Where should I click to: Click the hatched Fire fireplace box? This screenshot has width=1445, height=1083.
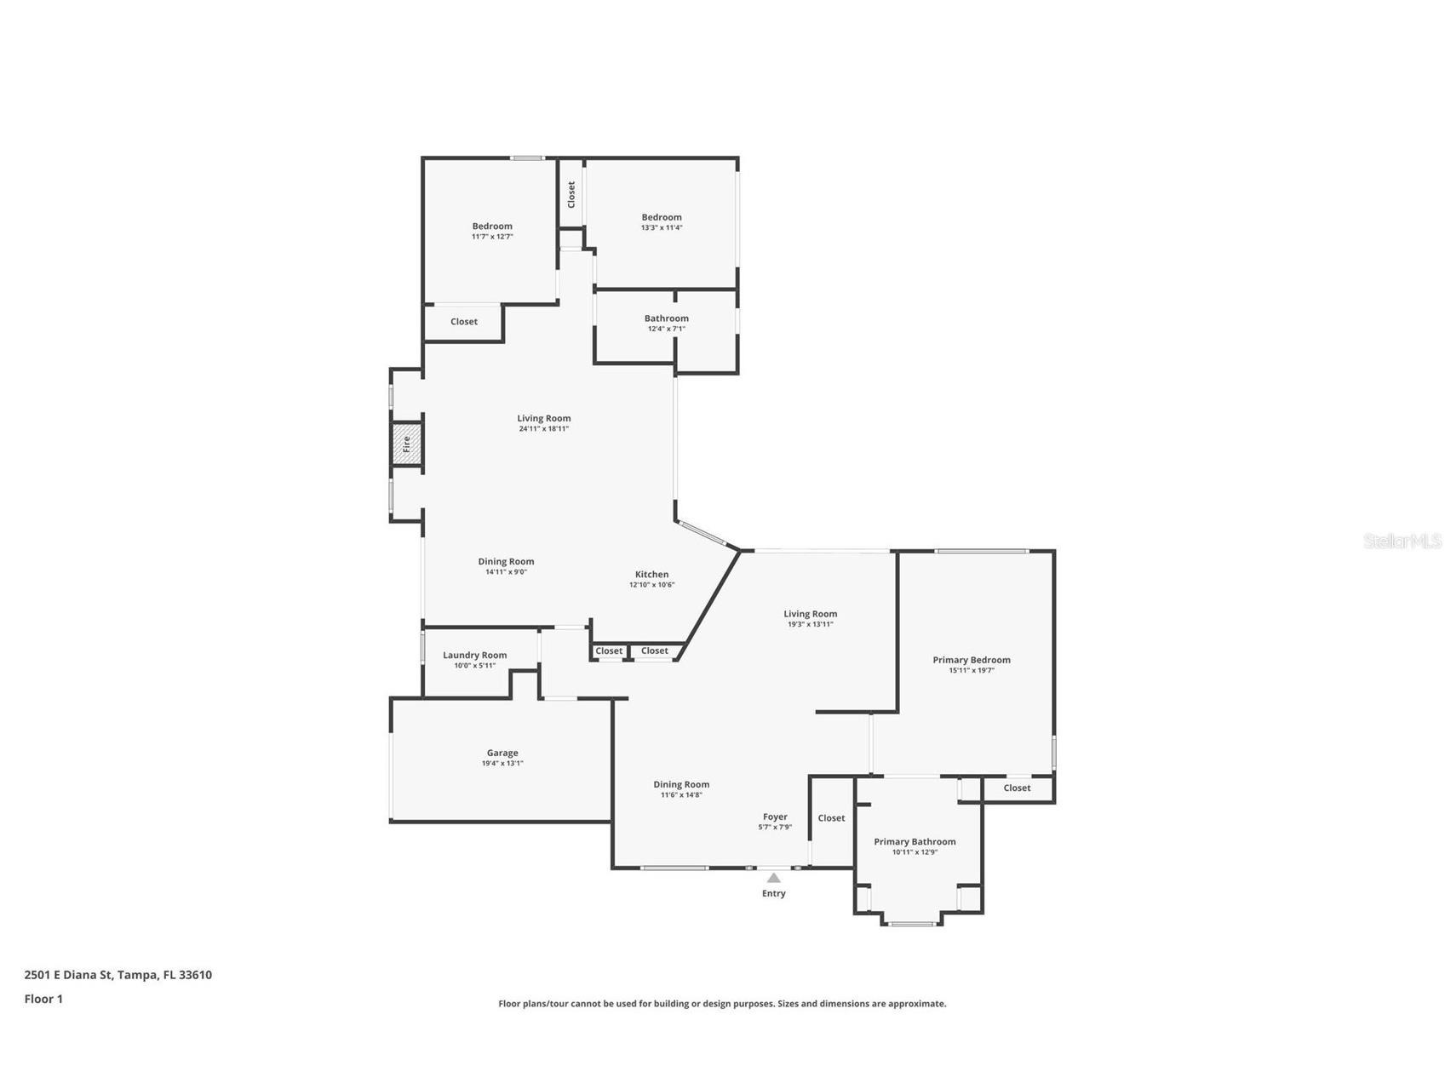(x=407, y=444)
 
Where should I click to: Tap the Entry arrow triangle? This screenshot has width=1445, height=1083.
(x=773, y=878)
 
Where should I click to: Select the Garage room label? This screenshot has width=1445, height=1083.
(x=502, y=753)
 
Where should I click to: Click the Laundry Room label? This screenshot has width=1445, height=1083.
(x=474, y=655)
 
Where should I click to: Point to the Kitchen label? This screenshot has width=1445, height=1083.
(x=651, y=574)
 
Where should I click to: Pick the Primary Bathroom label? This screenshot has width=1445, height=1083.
(x=915, y=841)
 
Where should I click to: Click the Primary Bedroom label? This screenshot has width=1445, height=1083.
(x=972, y=659)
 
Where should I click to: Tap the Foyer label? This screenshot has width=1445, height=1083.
(x=775, y=817)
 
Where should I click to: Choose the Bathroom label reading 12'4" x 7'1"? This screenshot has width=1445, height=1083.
(x=667, y=318)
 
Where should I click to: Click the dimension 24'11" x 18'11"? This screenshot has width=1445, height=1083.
(x=543, y=428)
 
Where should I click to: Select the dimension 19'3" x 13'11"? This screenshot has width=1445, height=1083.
(x=810, y=624)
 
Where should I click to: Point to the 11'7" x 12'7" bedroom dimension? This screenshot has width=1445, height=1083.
(x=492, y=237)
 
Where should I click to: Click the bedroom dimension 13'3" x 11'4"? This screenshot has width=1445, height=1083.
(x=662, y=227)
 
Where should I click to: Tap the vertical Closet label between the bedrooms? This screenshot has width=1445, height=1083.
(x=571, y=194)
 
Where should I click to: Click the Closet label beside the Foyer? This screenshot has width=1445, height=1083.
(x=831, y=818)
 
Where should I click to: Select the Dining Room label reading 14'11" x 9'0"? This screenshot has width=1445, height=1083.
(x=506, y=561)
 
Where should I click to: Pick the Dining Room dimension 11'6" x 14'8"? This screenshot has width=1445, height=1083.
(x=681, y=794)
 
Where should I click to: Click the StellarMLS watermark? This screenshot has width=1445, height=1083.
(x=1402, y=541)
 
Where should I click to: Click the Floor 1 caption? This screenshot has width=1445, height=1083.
(x=43, y=999)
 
